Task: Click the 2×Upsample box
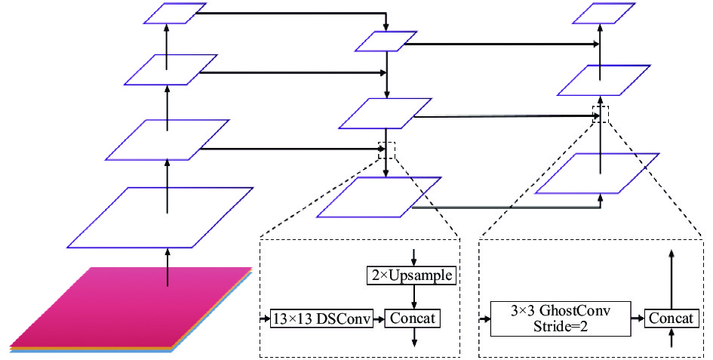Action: pos(411,275)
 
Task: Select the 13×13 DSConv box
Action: pos(321,318)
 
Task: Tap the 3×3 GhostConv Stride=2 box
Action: pos(560,318)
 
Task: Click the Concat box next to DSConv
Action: pos(413,318)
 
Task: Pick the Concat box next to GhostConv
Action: pos(672,318)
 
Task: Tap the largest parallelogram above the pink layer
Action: pos(160,217)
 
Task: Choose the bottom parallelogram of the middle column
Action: pos(379,197)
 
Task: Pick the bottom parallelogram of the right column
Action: pos(597,173)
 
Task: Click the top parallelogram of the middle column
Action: pos(386,41)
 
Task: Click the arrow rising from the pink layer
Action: pos(167,267)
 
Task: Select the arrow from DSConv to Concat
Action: pos(379,318)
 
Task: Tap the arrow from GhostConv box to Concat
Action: pos(638,318)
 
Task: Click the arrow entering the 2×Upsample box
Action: pos(413,257)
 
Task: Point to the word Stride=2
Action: pos(560,326)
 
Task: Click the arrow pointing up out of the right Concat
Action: pos(672,279)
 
